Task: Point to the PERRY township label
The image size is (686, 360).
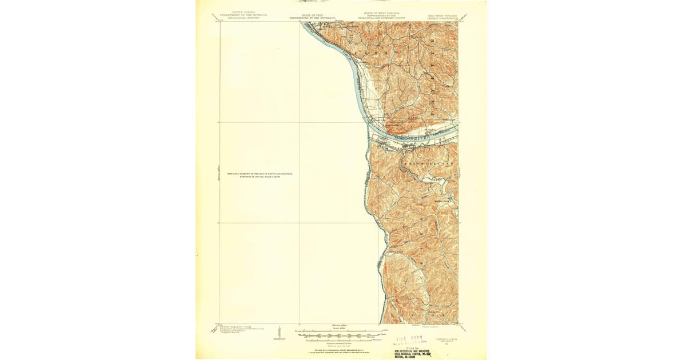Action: coord(377,52)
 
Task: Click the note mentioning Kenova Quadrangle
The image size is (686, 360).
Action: coord(256,175)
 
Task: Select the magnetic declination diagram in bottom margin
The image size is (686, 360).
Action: coord(279,333)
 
